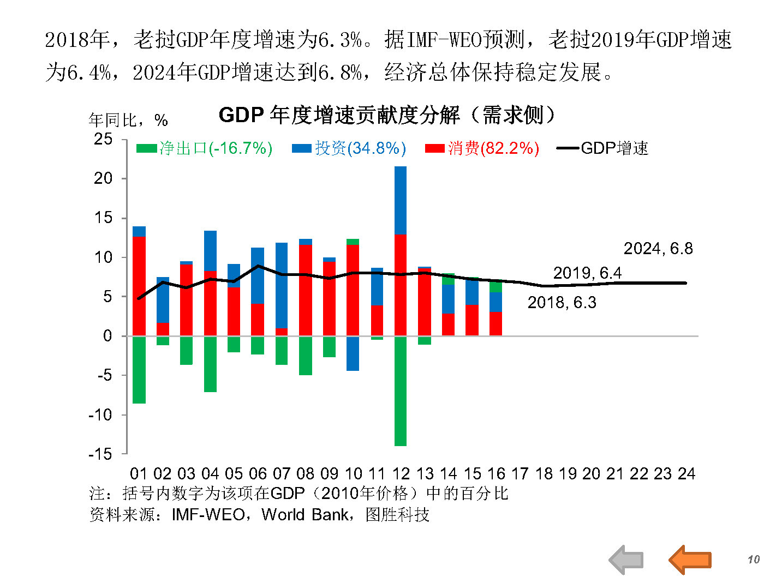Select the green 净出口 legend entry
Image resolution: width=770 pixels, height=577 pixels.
coord(204,148)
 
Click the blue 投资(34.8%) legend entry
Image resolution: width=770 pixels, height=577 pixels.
coord(349,148)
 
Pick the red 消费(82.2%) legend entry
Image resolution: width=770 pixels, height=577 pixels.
coord(482,148)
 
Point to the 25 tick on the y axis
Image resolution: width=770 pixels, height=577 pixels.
coord(103,139)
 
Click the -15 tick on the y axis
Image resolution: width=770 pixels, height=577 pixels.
coord(101,454)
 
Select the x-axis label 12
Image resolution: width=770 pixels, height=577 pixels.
coord(401,473)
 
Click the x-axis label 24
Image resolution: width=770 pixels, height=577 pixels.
coord(686,473)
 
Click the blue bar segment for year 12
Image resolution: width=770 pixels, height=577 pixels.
coord(401,200)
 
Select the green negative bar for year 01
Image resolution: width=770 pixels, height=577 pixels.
coord(139,369)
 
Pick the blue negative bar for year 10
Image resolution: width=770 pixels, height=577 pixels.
coord(353,353)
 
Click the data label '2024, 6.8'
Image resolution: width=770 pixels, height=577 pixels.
coord(658,249)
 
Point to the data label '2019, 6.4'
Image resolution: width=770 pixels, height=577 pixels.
coord(587,273)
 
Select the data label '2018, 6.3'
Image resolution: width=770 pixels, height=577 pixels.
coord(562,303)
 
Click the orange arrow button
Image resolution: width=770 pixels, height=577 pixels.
coord(690,560)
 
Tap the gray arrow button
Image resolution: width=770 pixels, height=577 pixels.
coord(626,560)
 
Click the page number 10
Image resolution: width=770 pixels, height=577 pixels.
coord(753,560)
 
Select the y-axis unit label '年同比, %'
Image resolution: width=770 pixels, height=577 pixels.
coord(128,120)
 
